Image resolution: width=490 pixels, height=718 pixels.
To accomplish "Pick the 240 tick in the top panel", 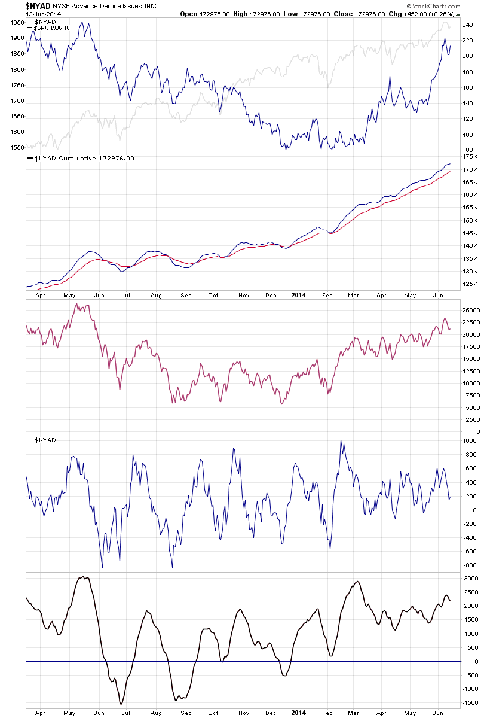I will tap(467, 25).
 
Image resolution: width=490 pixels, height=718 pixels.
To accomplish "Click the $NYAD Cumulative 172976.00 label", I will tap(84, 159).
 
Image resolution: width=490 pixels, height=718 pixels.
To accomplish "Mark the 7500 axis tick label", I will tap(471, 395).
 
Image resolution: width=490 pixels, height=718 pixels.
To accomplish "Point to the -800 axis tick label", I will tap(470, 565).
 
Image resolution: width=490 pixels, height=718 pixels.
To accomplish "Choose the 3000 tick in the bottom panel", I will tap(470, 578).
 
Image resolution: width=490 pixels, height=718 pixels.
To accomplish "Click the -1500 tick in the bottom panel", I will tap(471, 704).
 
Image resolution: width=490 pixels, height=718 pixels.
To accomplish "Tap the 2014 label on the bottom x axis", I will tap(298, 713).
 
